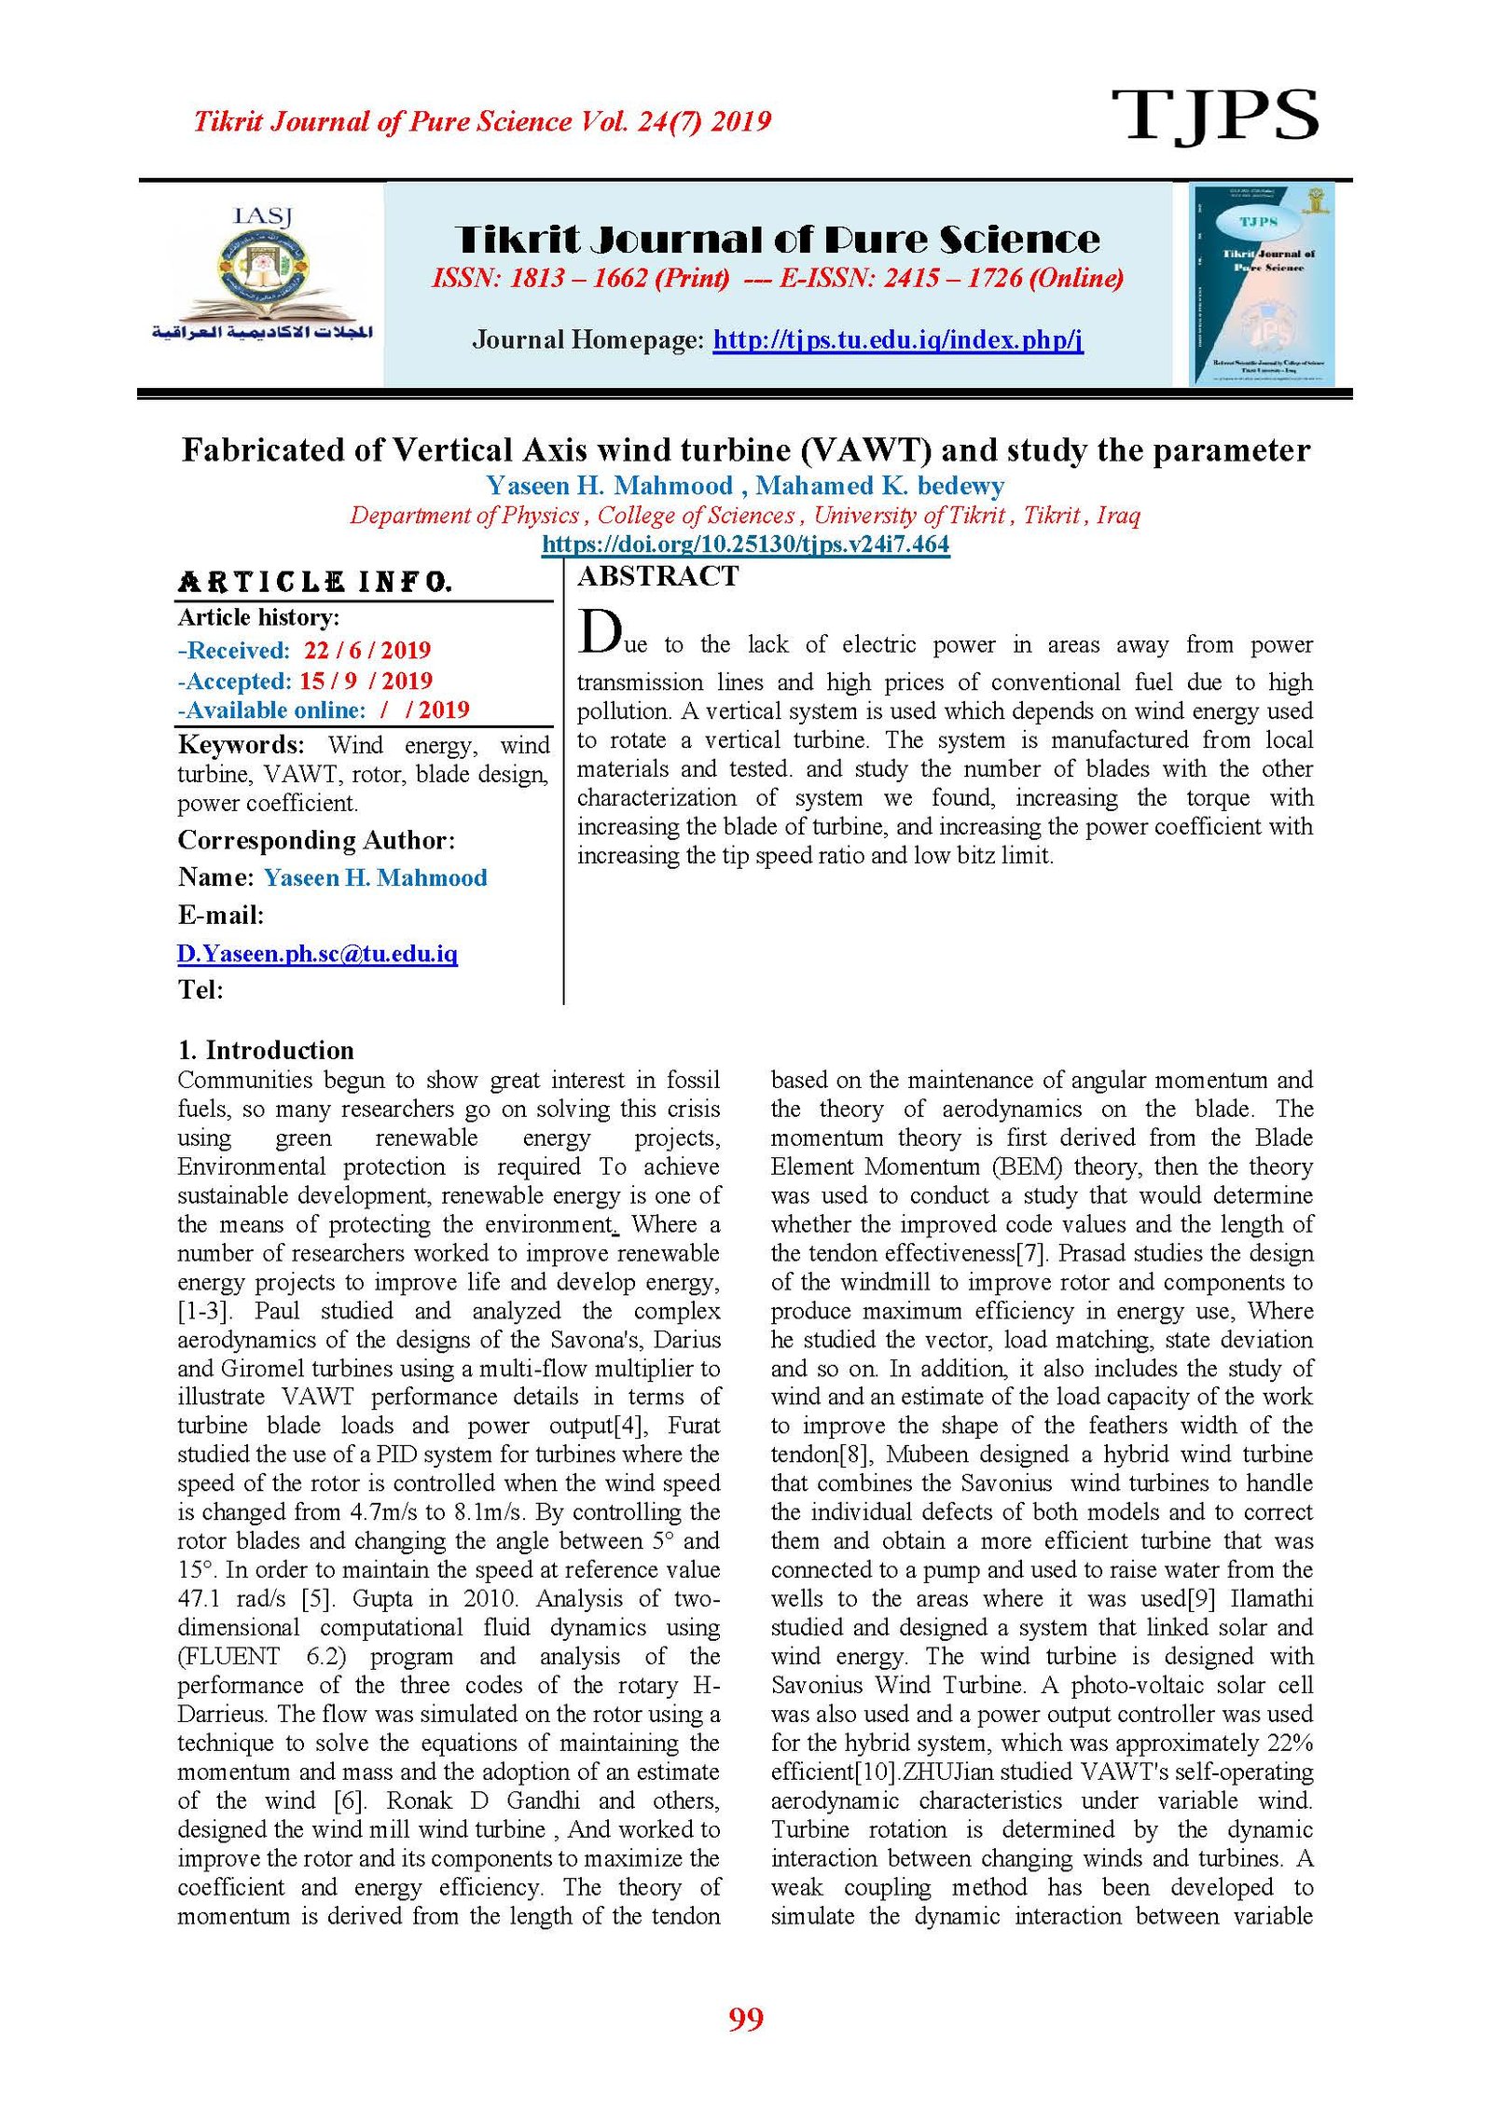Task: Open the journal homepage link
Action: coord(897,339)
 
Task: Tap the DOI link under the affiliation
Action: coord(745,545)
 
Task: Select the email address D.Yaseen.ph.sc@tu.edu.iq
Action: coord(317,953)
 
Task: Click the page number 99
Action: coord(745,2019)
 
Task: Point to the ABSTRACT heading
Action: coord(658,576)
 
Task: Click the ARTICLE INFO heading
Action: coord(315,583)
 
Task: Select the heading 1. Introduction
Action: coord(266,1050)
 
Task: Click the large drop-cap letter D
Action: coord(600,633)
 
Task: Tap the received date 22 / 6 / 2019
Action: coord(366,650)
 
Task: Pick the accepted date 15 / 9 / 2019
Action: coord(366,681)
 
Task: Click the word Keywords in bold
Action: coord(241,745)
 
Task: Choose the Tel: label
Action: coord(200,989)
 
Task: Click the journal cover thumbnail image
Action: coord(1262,283)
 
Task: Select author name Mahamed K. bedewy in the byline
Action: coord(879,486)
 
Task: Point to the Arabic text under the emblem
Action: coord(262,332)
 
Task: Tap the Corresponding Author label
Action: coord(316,840)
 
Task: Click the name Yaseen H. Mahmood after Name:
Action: coord(375,877)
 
